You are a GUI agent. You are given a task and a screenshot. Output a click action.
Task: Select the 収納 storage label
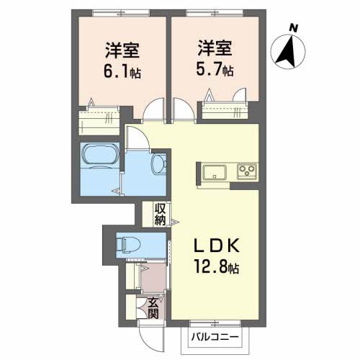click(x=160, y=214)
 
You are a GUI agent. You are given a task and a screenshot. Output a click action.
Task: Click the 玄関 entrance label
click(x=154, y=307)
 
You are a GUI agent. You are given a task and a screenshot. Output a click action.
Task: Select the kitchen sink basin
click(x=215, y=172)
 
